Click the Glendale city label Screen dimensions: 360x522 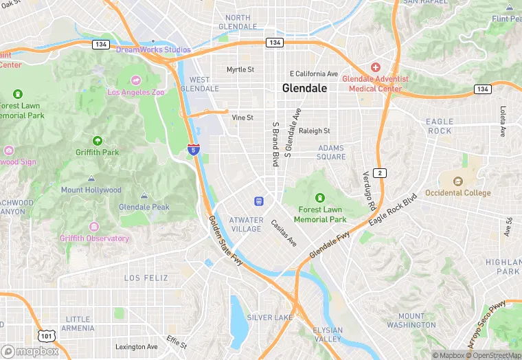(304, 89)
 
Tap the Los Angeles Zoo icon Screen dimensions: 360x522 (135, 80)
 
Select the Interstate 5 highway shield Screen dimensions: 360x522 (194, 148)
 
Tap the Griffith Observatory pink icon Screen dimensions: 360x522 (94, 227)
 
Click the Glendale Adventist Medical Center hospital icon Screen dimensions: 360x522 (375, 67)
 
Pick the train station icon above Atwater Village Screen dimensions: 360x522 (259, 201)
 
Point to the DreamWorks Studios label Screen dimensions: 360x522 (153, 49)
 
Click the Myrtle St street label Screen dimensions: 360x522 (240, 69)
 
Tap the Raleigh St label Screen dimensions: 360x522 (315, 131)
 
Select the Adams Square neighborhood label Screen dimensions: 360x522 (331, 152)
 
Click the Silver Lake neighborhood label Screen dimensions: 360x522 (270, 317)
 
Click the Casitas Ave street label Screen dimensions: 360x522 (283, 233)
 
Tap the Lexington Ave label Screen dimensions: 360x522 (136, 347)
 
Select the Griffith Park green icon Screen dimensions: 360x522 (96, 141)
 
